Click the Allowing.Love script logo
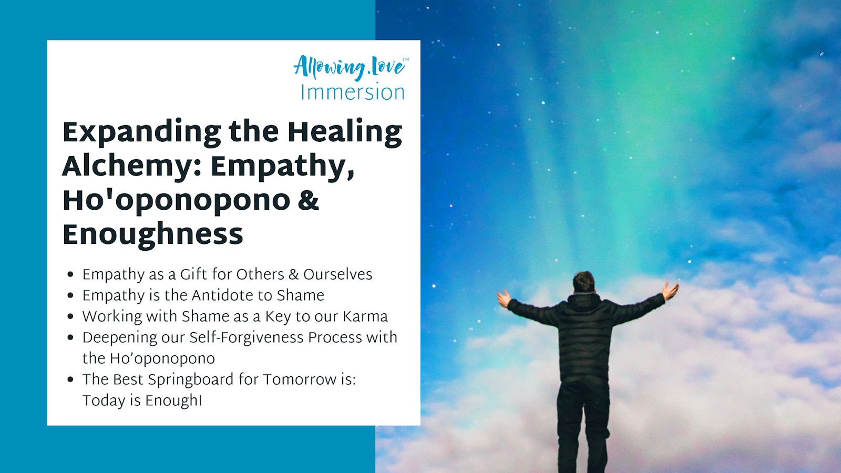349,68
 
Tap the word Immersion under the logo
353,92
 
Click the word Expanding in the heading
142,133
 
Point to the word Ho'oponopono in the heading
177,200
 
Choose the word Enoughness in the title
153,234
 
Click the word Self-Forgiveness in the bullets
247,337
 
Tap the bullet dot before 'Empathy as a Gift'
70,275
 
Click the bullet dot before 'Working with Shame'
70,317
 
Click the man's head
583,282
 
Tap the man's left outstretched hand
504,299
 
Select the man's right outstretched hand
670,291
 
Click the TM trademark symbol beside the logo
405,59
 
